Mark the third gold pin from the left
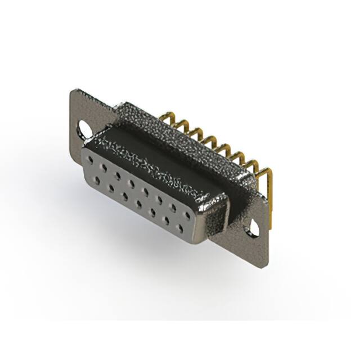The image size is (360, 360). [195, 131]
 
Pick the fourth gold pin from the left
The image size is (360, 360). [209, 138]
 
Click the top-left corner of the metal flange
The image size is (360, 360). [73, 90]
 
